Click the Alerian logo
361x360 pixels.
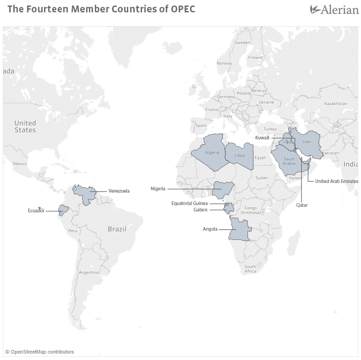(334, 9)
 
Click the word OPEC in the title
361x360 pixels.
(183, 9)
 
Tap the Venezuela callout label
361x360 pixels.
(119, 191)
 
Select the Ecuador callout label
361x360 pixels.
(36, 210)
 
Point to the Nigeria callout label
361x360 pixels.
(158, 188)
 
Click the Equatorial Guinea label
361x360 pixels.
(190, 203)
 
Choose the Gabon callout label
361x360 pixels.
(200, 210)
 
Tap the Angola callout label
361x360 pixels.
(210, 229)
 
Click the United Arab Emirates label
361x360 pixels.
(336, 181)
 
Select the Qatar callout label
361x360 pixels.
(302, 205)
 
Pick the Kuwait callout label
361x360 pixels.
(262, 138)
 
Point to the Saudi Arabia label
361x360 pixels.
(289, 161)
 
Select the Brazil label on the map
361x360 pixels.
(117, 228)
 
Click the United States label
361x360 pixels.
(25, 126)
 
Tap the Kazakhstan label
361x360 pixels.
(335, 104)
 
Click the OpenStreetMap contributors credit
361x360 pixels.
(39, 352)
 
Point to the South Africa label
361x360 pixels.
(250, 269)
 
